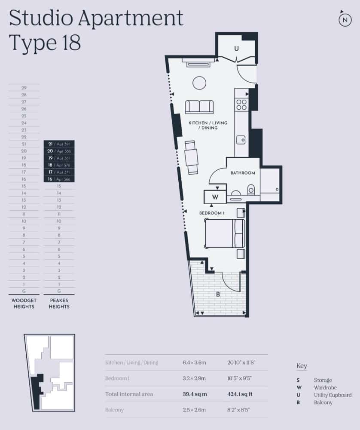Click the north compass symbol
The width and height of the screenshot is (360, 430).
[x=345, y=20]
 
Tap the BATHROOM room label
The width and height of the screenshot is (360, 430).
[x=243, y=173]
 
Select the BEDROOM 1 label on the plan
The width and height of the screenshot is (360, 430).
[x=212, y=213]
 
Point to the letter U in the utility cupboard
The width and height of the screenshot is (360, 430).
[x=236, y=49]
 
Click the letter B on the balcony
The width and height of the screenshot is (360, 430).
[x=218, y=295]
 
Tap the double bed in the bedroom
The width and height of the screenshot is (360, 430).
[x=224, y=233]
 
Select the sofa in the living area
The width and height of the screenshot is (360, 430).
[x=199, y=107]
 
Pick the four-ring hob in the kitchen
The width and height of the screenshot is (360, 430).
[x=241, y=105]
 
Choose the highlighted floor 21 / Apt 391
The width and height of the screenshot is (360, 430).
[x=59, y=144]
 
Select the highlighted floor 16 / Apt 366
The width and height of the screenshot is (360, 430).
[x=59, y=179]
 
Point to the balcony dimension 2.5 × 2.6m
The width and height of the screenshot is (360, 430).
[x=194, y=410]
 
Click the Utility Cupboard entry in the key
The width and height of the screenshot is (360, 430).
[x=333, y=395]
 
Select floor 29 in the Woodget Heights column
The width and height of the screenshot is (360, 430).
[x=24, y=88]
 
